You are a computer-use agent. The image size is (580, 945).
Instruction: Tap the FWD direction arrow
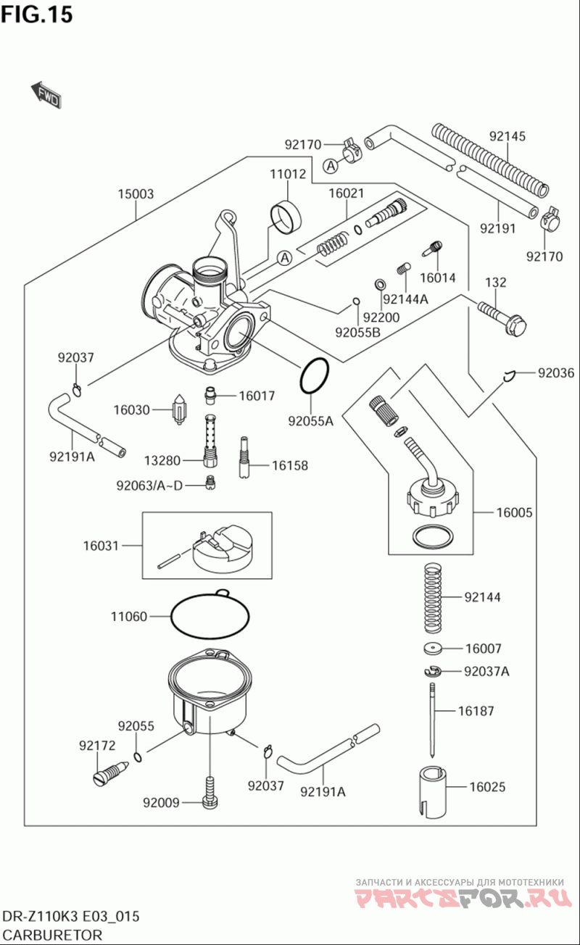tap(45, 93)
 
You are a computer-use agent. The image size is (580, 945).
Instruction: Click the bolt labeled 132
tap(501, 317)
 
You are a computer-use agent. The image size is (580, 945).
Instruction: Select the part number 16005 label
tap(514, 513)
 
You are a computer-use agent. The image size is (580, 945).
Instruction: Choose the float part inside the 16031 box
tap(221, 549)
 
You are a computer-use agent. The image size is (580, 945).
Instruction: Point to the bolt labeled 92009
tap(209, 794)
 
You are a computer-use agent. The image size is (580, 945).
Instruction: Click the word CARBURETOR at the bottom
tap(51, 935)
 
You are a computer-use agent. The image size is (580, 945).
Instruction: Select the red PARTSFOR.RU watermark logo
tap(460, 899)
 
